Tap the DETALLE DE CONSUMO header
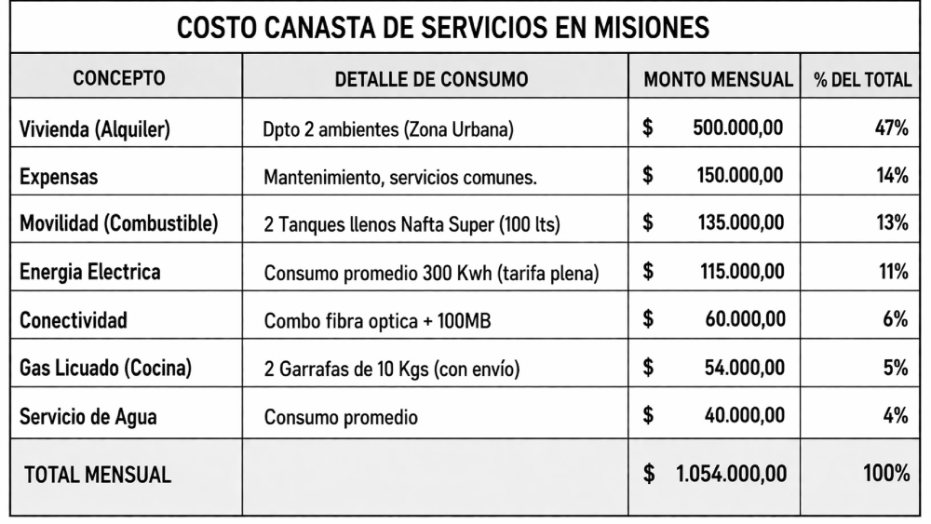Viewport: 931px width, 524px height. pos(431,79)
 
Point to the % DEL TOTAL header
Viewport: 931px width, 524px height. pos(862,79)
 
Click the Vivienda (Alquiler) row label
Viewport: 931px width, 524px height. pos(95,128)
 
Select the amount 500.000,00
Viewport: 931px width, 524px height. pos(738,128)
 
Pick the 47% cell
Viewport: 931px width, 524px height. pos(891,128)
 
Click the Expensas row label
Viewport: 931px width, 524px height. pos(59,176)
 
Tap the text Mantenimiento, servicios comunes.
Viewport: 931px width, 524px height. pos(400,177)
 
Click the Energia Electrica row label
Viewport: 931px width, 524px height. pos(90,272)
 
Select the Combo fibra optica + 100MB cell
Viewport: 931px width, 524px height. pos(377,321)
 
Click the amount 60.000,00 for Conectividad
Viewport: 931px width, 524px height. pos(744,320)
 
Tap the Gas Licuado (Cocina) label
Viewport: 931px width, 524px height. pos(106,369)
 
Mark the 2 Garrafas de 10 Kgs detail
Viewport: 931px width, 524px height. pos(392,369)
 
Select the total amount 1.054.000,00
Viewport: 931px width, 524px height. pos(731,474)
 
